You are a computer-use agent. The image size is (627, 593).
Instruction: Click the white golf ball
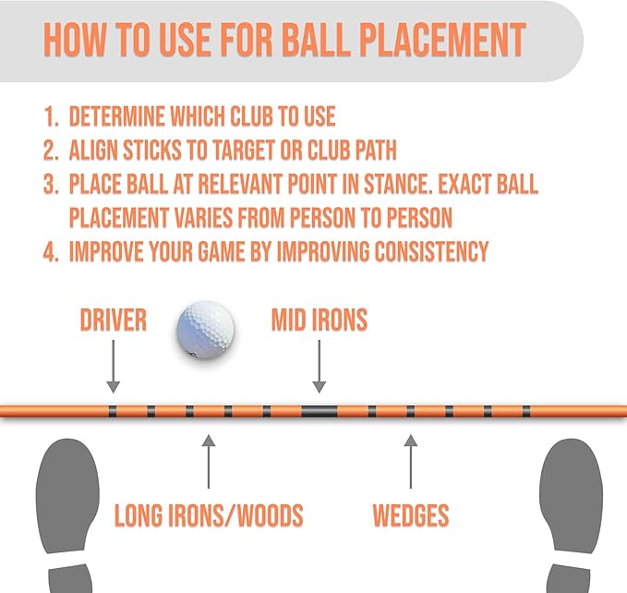tap(206, 330)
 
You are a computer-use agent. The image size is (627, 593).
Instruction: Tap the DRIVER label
tap(114, 320)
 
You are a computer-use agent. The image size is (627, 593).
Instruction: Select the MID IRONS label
tap(320, 320)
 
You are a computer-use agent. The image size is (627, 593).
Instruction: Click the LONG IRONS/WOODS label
tap(209, 515)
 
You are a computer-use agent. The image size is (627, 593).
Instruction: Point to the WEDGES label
tap(411, 515)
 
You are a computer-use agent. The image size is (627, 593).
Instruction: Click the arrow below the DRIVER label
tap(114, 367)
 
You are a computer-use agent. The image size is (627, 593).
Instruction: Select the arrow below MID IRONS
tap(320, 367)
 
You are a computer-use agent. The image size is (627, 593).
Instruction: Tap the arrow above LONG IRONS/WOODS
tap(209, 462)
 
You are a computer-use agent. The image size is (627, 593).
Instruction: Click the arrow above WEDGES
tap(411, 462)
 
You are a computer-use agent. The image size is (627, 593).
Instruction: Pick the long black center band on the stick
tap(320, 411)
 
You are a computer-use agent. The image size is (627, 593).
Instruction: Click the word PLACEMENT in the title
tap(442, 39)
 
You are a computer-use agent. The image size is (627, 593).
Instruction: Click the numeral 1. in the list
tap(51, 116)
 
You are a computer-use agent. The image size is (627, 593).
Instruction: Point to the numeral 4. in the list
tap(51, 252)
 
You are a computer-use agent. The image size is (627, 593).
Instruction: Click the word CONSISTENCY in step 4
tap(431, 252)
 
